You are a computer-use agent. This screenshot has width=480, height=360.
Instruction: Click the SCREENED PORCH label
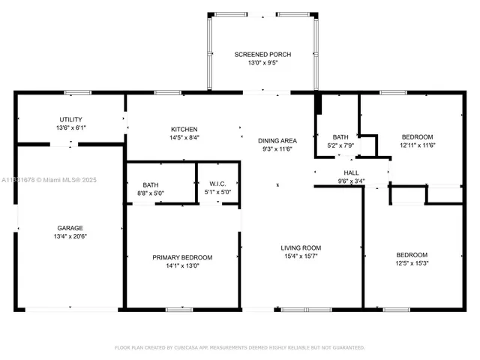coord(262,55)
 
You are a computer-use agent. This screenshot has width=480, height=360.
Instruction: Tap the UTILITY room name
coord(71,119)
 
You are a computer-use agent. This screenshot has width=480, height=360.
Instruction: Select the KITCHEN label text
coord(183,130)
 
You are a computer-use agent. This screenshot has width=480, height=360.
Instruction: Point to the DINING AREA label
coord(277,141)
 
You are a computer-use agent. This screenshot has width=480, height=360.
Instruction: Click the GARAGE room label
coord(70,228)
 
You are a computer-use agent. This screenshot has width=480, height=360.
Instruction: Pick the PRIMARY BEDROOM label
coord(182,257)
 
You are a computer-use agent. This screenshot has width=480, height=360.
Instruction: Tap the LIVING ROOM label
coord(301,247)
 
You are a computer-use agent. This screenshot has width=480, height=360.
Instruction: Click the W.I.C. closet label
coord(217,184)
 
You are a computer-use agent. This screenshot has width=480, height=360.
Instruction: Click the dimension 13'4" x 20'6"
coord(70,236)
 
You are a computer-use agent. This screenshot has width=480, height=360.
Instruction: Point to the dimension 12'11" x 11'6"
coord(418,145)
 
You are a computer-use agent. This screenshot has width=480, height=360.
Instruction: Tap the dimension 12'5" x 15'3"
coord(412,263)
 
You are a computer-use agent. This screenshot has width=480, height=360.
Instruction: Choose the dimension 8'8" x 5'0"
coord(151,193)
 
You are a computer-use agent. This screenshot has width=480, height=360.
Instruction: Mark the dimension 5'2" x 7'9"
coord(340,145)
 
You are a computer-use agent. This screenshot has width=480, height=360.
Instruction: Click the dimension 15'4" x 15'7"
coord(301,256)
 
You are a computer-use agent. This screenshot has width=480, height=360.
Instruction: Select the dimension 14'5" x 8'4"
coord(183,138)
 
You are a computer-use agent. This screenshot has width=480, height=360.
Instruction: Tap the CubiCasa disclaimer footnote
coord(239,348)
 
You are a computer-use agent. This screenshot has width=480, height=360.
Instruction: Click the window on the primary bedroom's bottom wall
coord(180,308)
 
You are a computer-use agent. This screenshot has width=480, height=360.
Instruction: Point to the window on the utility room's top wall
coord(77,92)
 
